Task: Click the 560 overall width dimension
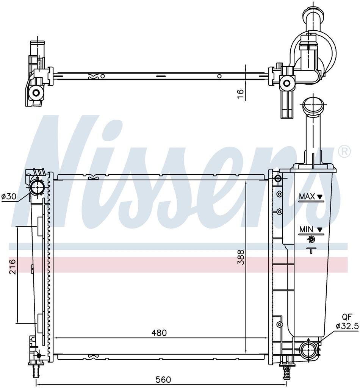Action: point(163,379)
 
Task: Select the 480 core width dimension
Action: point(159,333)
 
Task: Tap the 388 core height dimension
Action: point(241,257)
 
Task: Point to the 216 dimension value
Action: point(12,266)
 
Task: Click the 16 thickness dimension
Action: point(241,94)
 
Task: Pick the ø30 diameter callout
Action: point(9,197)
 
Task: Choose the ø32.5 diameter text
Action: point(347,326)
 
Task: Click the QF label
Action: point(347,317)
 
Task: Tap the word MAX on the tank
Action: point(307,197)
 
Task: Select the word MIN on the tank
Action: point(306,230)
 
